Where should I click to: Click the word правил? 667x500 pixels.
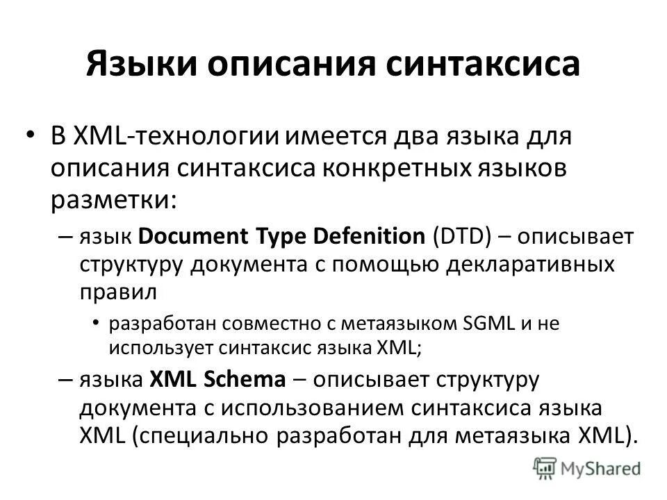coord(116,293)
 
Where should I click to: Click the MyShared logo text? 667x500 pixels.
coord(600,469)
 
